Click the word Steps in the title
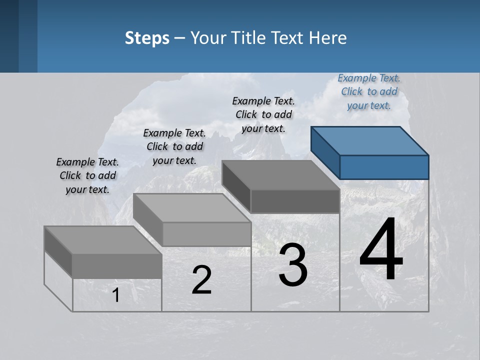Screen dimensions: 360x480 point(147,38)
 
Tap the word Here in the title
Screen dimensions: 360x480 point(328,38)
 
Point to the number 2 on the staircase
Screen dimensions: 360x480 point(201,280)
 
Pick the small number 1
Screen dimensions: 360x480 point(116,295)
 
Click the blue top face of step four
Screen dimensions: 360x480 point(369,140)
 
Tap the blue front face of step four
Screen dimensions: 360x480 point(384,167)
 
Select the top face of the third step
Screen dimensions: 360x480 point(280,175)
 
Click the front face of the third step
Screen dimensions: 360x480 point(295,201)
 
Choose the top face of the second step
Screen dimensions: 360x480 point(191,208)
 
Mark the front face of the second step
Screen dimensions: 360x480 point(206,234)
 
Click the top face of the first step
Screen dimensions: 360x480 point(102,240)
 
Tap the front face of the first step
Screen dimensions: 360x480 point(117,266)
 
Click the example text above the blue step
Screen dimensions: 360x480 point(369,91)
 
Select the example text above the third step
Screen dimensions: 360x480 point(263,114)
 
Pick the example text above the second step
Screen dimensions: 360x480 point(174,146)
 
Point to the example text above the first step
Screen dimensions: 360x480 point(87,175)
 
